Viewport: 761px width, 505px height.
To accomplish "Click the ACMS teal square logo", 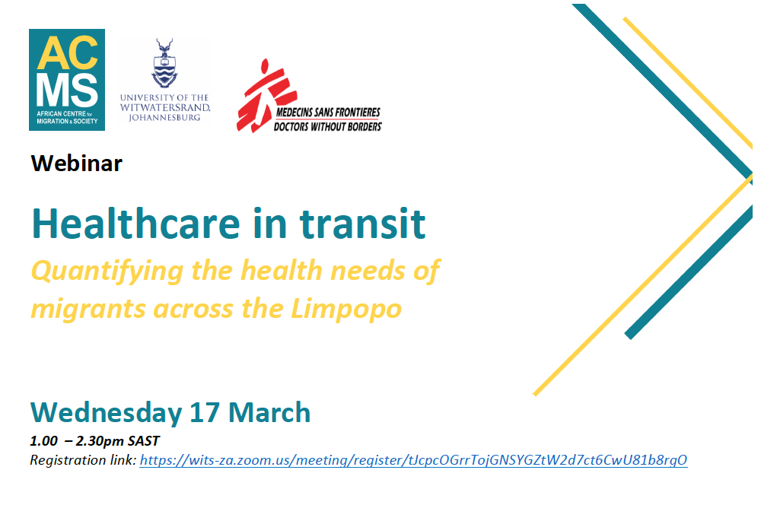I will pos(67,79).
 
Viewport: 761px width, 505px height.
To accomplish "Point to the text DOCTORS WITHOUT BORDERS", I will pos(327,126).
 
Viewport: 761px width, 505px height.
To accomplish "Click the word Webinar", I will pos(76,163).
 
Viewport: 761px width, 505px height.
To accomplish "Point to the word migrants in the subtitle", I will pos(88,310).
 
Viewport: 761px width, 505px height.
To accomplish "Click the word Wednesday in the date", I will pos(106,412).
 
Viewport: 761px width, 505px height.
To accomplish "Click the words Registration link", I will pos(83,460).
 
